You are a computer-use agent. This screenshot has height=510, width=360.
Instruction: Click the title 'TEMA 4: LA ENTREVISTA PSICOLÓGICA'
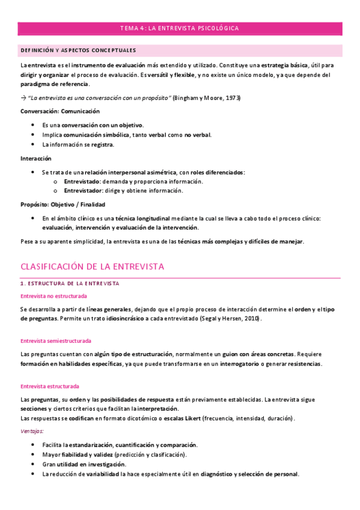pos(180,28)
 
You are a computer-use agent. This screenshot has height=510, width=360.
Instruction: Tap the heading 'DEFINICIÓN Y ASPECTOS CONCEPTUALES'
pos(78,51)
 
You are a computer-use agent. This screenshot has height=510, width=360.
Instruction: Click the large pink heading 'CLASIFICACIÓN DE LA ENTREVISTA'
pos(93,266)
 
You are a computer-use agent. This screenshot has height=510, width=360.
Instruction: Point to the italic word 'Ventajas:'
pos(32,431)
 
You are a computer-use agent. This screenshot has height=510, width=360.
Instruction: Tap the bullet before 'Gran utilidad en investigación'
pos(32,464)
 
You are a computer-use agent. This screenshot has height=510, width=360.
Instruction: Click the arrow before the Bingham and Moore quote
pos(23,97)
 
